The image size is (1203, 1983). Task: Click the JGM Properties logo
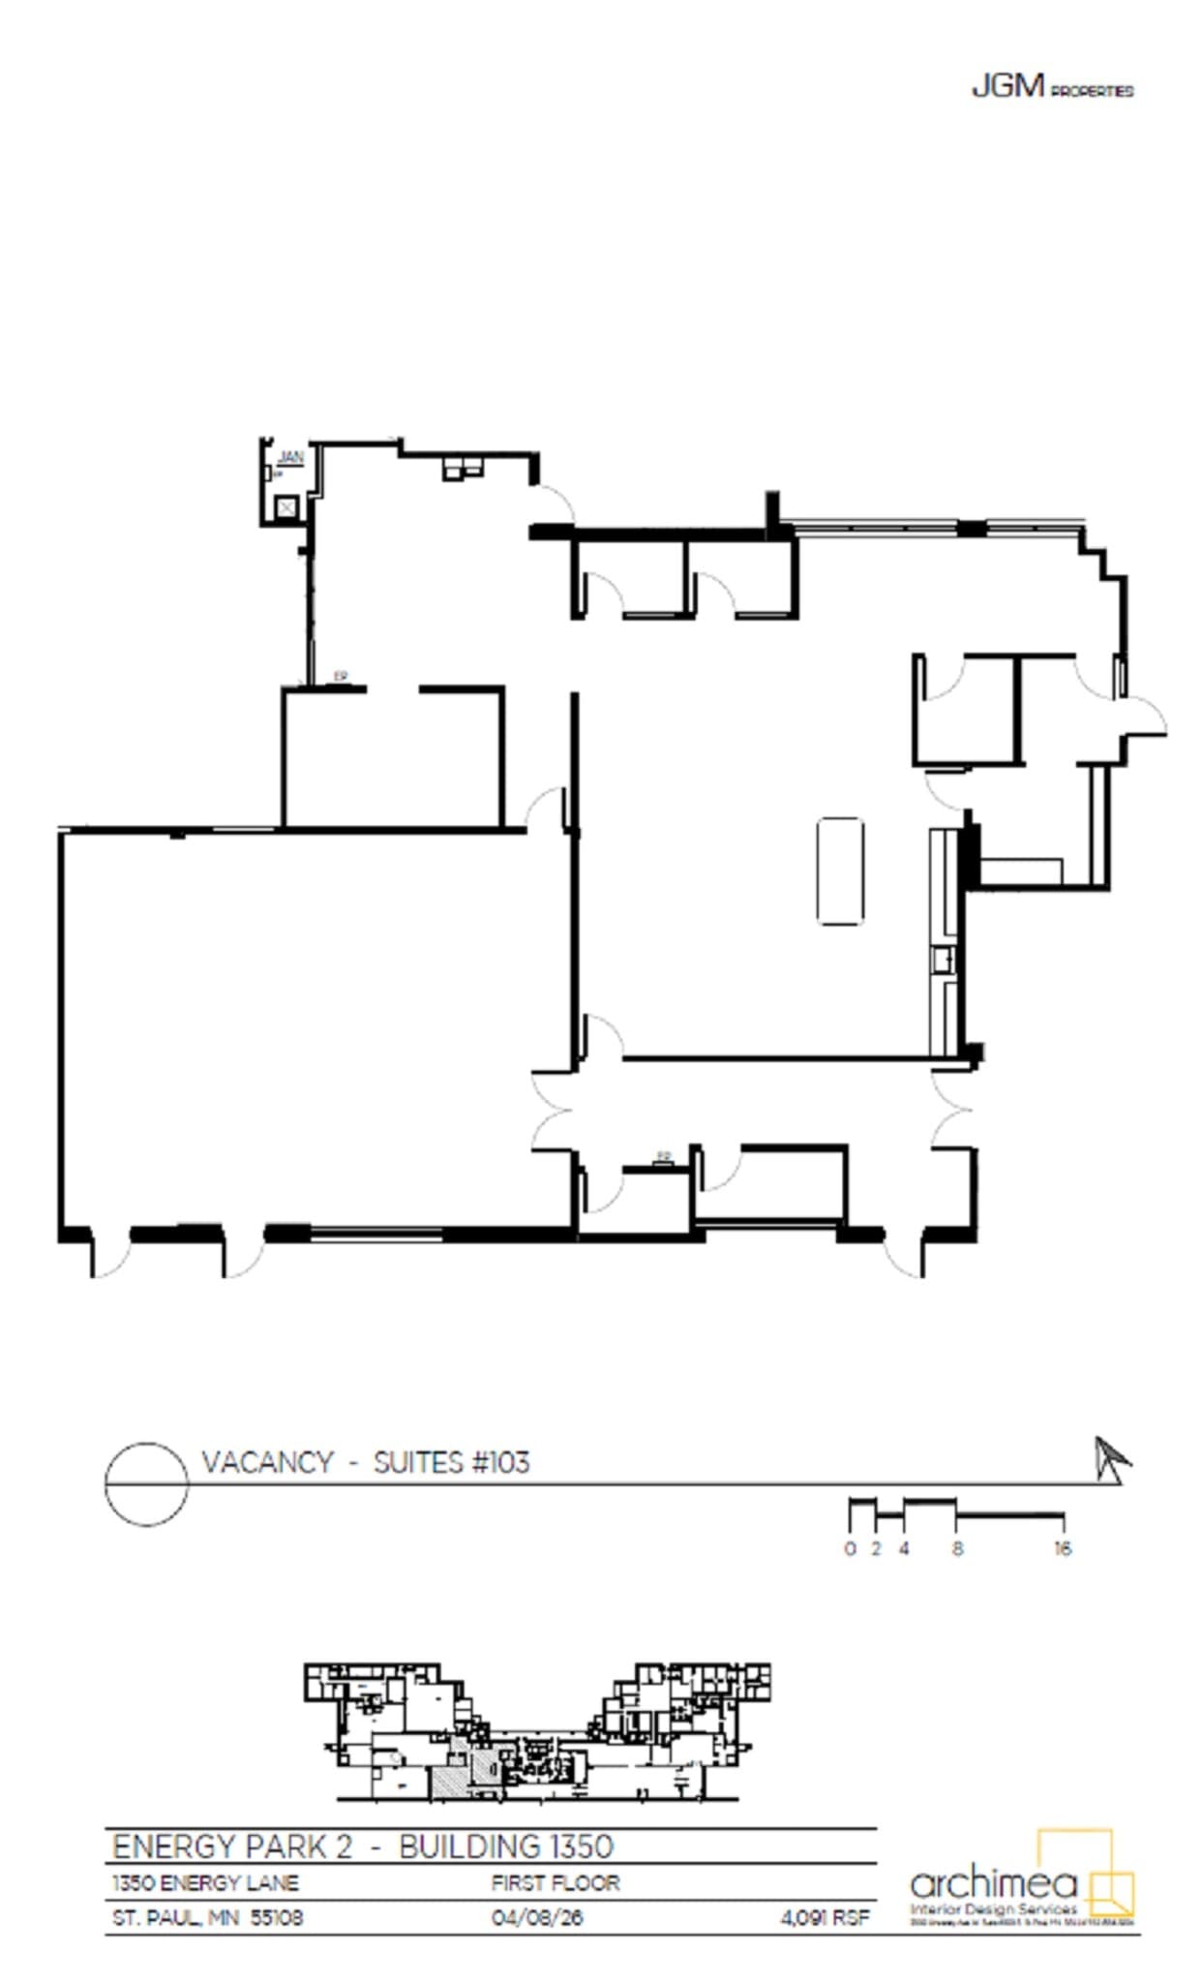(1051, 88)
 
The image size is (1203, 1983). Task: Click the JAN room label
(290, 456)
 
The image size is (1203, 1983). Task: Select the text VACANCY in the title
(267, 1462)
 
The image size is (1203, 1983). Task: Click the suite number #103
(499, 1462)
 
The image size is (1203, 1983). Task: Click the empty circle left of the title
(146, 1483)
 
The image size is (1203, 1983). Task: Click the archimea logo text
(993, 1883)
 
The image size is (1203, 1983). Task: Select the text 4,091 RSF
(825, 1918)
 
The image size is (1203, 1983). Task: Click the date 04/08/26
(537, 1918)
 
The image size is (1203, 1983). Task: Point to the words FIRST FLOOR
(555, 1883)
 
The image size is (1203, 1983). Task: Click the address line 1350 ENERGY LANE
(205, 1883)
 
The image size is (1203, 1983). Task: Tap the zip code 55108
(277, 1918)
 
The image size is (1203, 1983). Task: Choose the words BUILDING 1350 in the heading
(505, 1846)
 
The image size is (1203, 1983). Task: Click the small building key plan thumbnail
(537, 1733)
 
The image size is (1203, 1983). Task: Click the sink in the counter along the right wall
(943, 961)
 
